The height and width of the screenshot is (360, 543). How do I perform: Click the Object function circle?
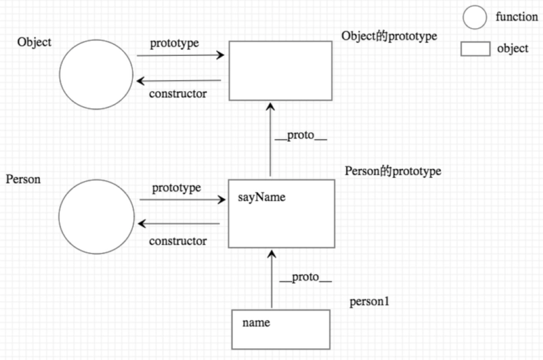[96, 74]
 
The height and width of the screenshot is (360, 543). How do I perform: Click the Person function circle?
[96, 217]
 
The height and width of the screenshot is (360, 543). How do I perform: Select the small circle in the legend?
[475, 17]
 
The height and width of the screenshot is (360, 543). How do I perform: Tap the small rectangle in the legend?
[475, 49]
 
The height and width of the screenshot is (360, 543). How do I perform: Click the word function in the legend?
[516, 17]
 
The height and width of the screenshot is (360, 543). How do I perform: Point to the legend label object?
[512, 48]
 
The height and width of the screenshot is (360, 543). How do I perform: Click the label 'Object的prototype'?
[389, 36]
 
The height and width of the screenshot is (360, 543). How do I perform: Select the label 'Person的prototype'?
[393, 171]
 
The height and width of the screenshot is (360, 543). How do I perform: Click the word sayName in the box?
[261, 197]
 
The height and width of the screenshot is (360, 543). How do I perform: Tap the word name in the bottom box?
[256, 323]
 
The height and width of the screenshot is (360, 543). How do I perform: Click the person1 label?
[369, 301]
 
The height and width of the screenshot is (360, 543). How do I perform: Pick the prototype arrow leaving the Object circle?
[180, 55]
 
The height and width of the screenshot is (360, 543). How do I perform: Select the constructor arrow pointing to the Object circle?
[179, 81]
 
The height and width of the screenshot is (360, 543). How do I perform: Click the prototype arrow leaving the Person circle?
[182, 200]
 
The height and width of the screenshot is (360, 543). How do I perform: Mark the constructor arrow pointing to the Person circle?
[179, 224]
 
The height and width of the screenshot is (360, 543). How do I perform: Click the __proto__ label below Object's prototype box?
[301, 136]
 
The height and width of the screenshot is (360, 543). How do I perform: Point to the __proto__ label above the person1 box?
[305, 278]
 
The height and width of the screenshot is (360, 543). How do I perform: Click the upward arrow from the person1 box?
[271, 279]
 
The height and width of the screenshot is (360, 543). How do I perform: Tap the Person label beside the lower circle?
[23, 179]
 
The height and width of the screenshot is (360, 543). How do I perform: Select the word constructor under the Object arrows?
[178, 94]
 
